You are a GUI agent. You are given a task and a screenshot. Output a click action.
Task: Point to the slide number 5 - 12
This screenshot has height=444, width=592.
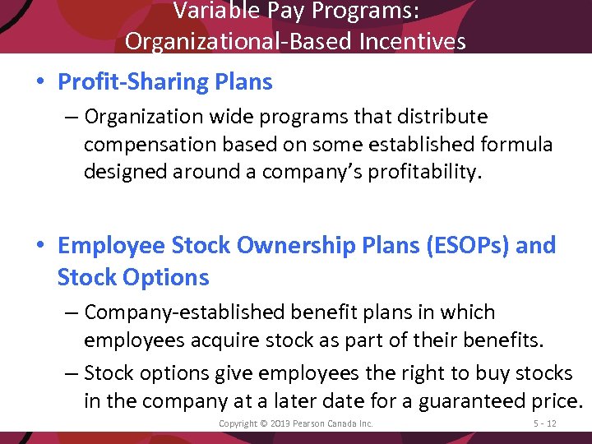544,423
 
